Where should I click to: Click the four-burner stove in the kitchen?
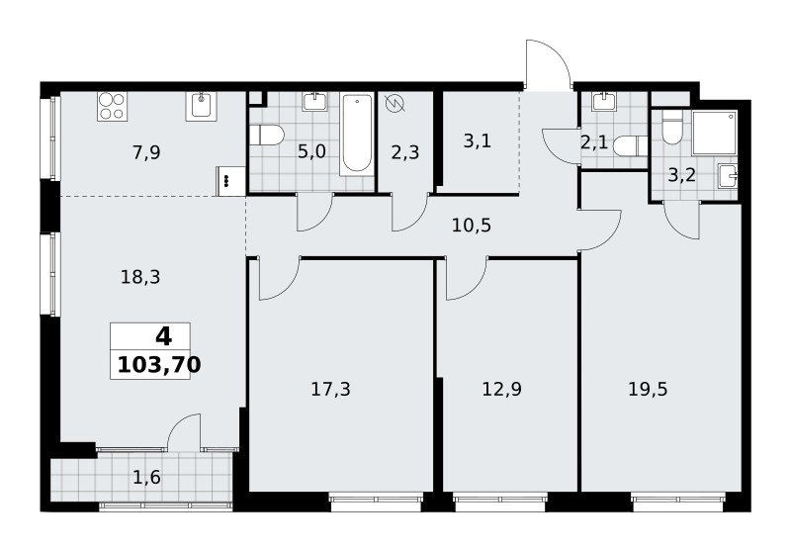point(112,107)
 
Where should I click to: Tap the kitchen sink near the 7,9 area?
point(202,107)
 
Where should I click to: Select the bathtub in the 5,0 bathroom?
point(357,135)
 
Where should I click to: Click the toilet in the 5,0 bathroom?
point(266,135)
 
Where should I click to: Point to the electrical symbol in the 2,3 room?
point(395,105)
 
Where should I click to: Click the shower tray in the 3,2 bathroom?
point(714,133)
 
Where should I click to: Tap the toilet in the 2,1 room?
point(630,146)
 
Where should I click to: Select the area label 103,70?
point(159,364)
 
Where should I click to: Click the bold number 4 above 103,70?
point(163,336)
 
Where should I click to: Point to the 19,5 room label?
point(648,389)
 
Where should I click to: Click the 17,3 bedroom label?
point(330,389)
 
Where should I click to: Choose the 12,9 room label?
point(502,389)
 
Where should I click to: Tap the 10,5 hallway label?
point(472,225)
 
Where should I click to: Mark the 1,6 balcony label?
point(146,476)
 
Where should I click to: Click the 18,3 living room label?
point(140,277)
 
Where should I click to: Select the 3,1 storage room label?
point(478,140)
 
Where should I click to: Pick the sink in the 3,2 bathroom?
point(728,175)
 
